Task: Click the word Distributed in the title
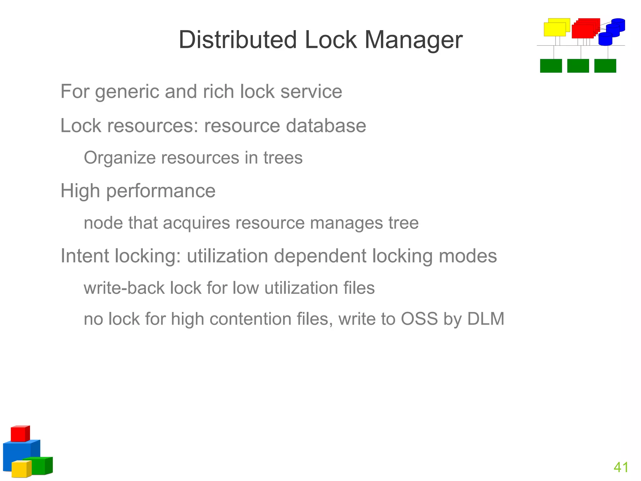[237, 40]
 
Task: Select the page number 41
[621, 467]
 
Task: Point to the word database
[326, 126]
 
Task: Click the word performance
[161, 191]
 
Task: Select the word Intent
[85, 256]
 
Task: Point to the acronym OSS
[419, 319]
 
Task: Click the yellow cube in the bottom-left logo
[21, 469]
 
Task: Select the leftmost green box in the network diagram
[551, 66]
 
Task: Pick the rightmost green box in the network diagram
[605, 66]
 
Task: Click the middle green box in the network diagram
[578, 66]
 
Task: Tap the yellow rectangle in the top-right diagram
[555, 29]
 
